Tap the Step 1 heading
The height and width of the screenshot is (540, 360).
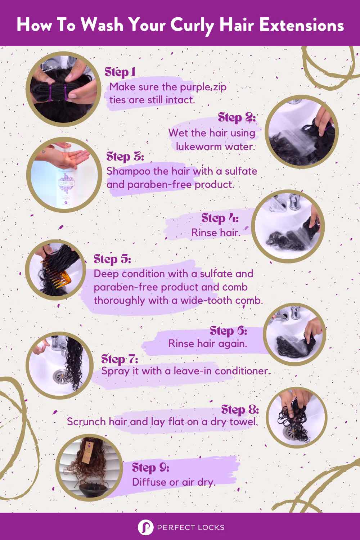120,72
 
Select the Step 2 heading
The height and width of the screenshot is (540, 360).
237,117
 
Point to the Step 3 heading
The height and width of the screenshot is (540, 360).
125,157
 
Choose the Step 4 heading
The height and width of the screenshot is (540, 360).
220,218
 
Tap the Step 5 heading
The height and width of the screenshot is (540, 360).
112,259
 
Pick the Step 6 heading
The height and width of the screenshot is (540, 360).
228,330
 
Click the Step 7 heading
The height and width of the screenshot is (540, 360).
120,359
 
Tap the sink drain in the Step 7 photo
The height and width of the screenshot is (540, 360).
60,376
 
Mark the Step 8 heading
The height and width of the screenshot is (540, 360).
240,409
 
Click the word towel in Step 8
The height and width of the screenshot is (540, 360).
244,422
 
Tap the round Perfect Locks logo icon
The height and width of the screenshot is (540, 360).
145,527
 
